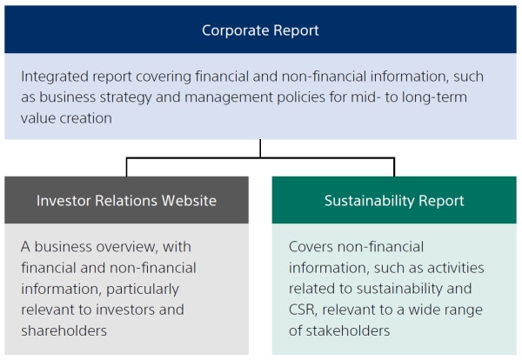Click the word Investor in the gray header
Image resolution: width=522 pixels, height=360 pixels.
point(64,201)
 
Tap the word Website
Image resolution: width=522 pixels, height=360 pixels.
point(187,201)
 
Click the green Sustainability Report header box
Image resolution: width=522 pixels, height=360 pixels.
point(393,201)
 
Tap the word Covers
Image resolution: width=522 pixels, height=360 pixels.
point(311,247)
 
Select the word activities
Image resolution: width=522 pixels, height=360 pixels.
point(453,268)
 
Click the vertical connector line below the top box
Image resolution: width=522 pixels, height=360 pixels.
point(260,148)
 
